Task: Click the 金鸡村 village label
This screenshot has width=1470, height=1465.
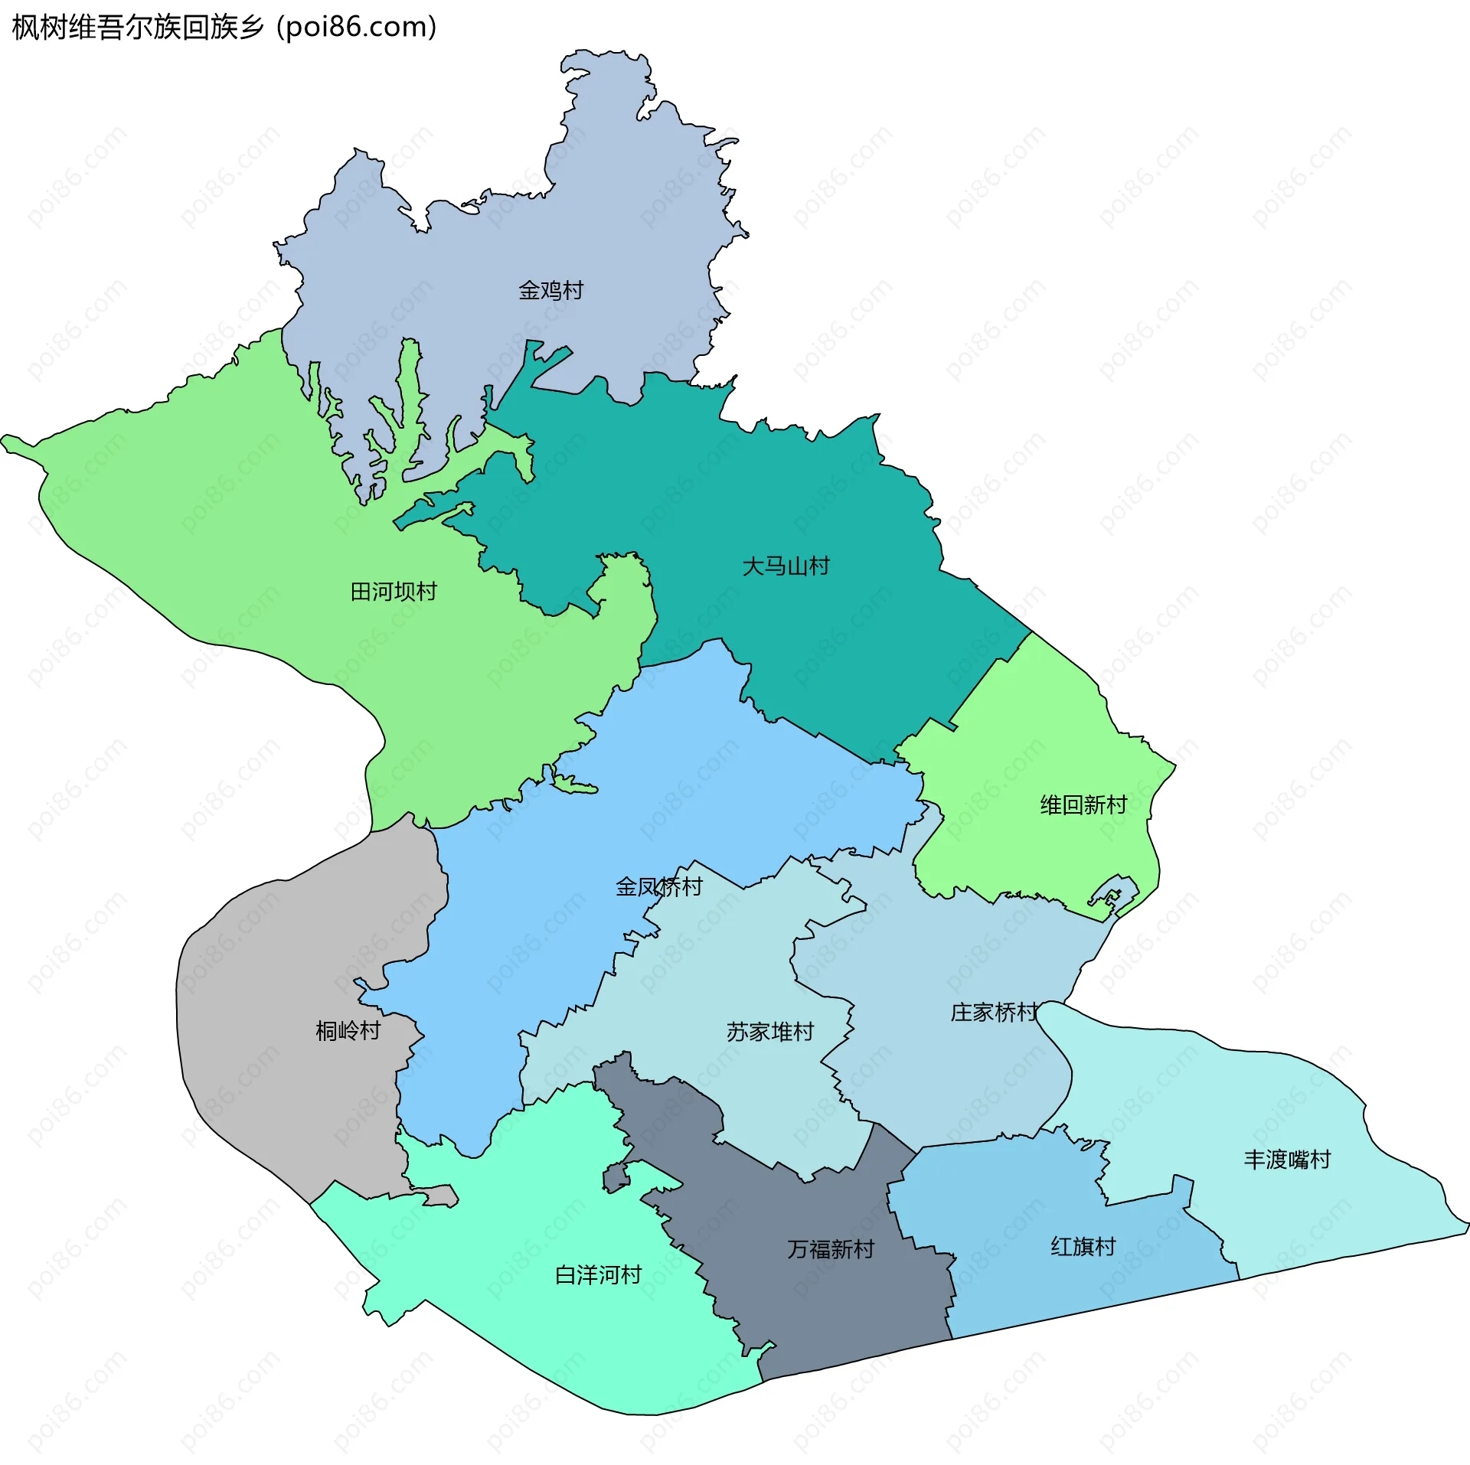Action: tap(550, 291)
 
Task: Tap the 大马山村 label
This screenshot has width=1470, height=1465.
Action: tap(786, 567)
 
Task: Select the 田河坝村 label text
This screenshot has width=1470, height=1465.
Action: tap(394, 592)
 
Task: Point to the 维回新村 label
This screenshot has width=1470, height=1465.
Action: tap(1083, 805)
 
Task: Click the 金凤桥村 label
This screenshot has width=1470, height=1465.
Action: tap(658, 887)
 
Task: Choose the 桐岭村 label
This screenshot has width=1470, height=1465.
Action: tap(348, 1031)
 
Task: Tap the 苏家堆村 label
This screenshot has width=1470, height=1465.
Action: tap(769, 1033)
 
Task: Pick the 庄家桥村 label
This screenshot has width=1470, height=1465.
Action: tap(994, 1013)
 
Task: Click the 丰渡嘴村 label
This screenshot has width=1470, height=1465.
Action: tap(1287, 1160)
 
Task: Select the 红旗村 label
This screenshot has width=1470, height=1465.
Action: tap(1083, 1247)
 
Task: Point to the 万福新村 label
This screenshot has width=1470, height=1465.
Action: tap(831, 1250)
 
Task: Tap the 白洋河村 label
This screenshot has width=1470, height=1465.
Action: tap(598, 1275)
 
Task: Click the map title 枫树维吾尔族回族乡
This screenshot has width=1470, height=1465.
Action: tap(138, 28)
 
